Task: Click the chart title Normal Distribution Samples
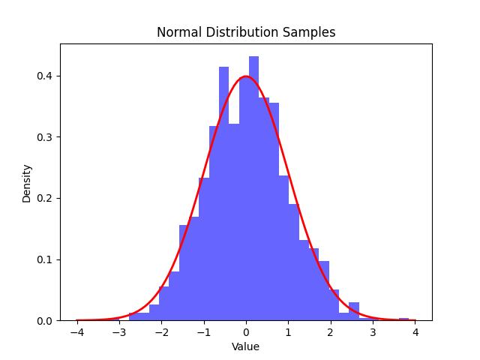pyautogui.click(x=246, y=32)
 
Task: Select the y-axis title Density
pyautogui.click(x=27, y=183)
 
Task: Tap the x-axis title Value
pyautogui.click(x=246, y=346)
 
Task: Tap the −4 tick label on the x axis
pyautogui.click(x=76, y=332)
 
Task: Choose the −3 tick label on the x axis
pyautogui.click(x=118, y=332)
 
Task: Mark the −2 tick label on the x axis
pyautogui.click(x=161, y=332)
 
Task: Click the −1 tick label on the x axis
pyautogui.click(x=203, y=332)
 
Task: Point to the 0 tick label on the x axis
pyautogui.click(x=246, y=332)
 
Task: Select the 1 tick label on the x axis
pyautogui.click(x=288, y=332)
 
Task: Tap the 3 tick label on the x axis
pyautogui.click(x=373, y=332)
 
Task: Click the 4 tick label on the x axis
pyautogui.click(x=415, y=332)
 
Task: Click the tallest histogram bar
pyautogui.click(x=253, y=187)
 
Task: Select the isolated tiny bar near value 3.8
pyautogui.click(x=403, y=319)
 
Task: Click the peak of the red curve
pyautogui.click(x=246, y=76)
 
